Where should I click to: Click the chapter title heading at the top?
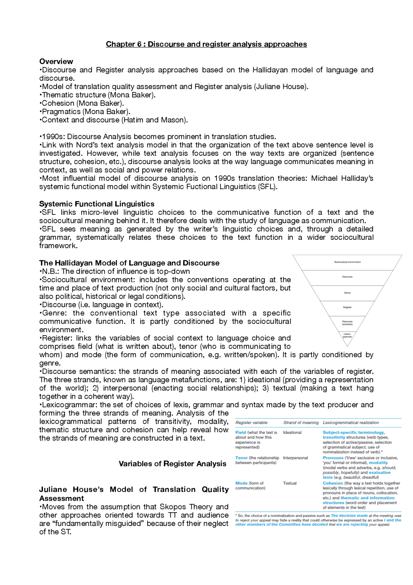coord(206,44)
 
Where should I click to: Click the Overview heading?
coord(56,61)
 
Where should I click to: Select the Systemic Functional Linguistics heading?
coord(97,204)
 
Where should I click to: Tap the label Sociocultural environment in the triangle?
coord(347,262)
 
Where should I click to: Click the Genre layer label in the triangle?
coord(347,293)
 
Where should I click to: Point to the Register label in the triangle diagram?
coord(347,307)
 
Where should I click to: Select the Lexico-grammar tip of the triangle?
coord(347,335)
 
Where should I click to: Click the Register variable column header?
coord(251,423)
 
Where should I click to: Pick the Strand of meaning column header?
coord(301,423)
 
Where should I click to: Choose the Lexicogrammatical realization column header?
coord(351,423)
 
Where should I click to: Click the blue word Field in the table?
coord(241,432)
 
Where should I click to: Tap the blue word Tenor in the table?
coord(241,458)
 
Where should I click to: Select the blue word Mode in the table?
coord(241,483)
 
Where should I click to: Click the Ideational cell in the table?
coord(292,432)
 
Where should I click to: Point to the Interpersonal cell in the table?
coord(295,458)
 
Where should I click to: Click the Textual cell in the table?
coord(290,483)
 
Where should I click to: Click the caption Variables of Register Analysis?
coord(172,464)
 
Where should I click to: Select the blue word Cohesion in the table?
coord(333,483)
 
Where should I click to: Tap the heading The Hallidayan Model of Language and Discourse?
coord(129,263)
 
